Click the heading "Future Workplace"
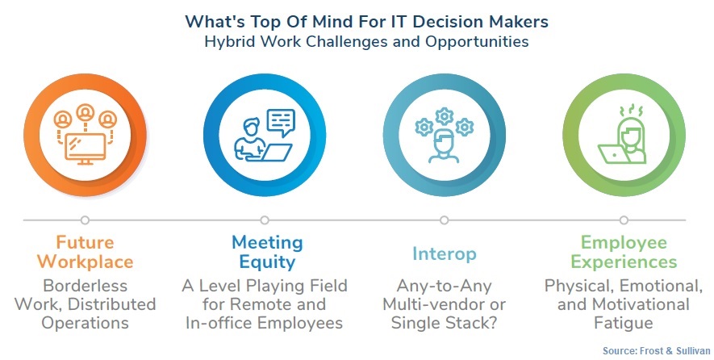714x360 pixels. pos(86,252)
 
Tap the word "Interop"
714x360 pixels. pos(444,253)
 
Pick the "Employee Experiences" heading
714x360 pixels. pos(624,252)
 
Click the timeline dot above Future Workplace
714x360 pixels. pos(85,220)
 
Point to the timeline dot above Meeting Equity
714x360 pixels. pos(265,220)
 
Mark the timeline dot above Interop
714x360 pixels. pos(444,220)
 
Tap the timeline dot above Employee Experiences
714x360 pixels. pos(624,220)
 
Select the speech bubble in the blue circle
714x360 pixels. pos(281,122)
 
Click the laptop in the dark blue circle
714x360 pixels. pos(270,153)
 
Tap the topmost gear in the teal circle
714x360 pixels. pos(444,116)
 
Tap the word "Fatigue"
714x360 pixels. pos(624,323)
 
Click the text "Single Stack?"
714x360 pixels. pos(444,323)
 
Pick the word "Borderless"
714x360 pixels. pos(86,286)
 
